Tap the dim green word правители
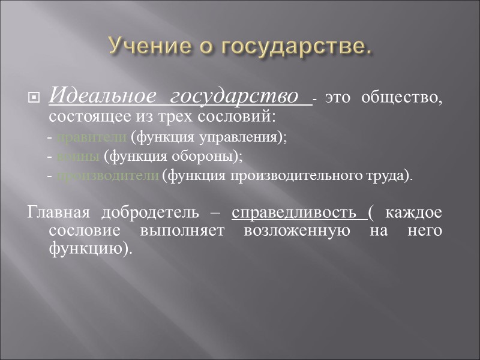92,137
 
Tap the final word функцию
88,248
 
